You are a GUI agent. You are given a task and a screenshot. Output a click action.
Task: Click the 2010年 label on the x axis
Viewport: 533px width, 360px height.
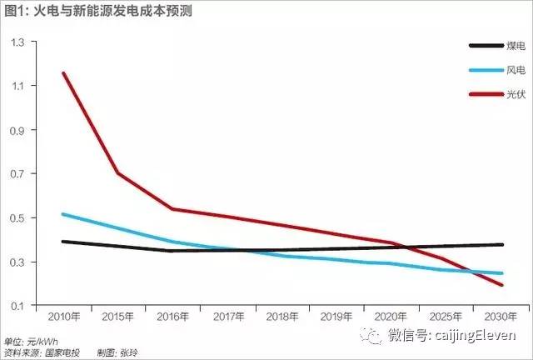click(x=63, y=318)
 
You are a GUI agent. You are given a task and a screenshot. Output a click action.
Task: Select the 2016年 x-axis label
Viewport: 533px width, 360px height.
click(x=172, y=318)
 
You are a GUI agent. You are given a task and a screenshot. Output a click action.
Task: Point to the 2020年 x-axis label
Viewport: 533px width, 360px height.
click(x=390, y=318)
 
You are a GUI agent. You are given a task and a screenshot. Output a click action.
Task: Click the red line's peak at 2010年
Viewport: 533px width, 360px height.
click(x=63, y=73)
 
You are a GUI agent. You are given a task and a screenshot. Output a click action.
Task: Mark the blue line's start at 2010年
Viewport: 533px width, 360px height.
click(x=63, y=214)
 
